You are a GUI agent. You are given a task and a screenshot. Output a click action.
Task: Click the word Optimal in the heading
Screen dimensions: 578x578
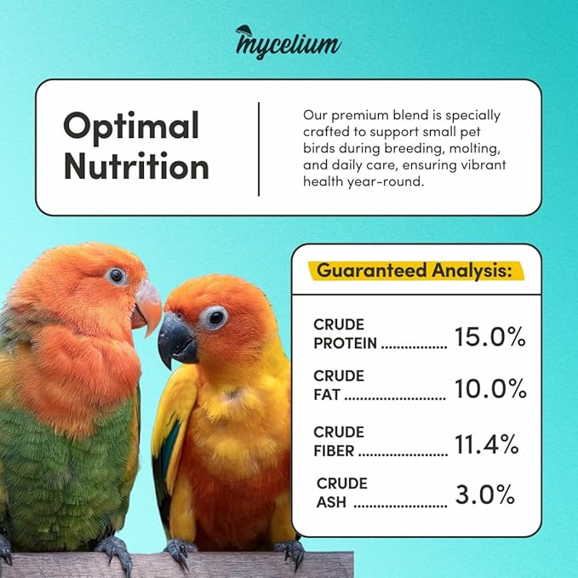[x=131, y=126]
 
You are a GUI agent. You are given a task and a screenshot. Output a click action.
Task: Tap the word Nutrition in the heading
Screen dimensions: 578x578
[x=136, y=165]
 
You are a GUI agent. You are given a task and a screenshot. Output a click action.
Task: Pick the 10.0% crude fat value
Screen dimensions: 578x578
[x=490, y=389]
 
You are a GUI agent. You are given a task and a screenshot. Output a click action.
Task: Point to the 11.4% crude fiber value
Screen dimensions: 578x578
[x=486, y=443]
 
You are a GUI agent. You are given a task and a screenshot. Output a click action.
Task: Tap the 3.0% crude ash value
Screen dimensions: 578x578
[x=484, y=494]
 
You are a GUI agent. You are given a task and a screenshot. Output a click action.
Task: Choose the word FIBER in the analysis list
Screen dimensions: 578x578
[x=334, y=449]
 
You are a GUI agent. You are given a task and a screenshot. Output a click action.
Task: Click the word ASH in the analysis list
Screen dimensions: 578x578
[x=332, y=501]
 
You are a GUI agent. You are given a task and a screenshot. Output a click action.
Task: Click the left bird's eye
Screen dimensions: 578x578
[x=116, y=276]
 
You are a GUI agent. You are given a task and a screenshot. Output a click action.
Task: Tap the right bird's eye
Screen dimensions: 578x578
[x=215, y=318]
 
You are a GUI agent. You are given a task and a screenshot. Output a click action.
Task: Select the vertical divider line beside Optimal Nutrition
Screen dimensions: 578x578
[x=258, y=148]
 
